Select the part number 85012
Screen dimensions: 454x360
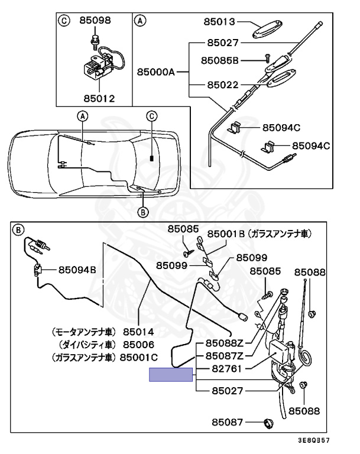click(99, 98)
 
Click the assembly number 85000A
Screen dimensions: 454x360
click(156, 72)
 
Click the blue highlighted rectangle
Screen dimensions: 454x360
click(171, 375)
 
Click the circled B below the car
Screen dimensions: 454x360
click(142, 211)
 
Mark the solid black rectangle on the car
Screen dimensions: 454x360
click(152, 158)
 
